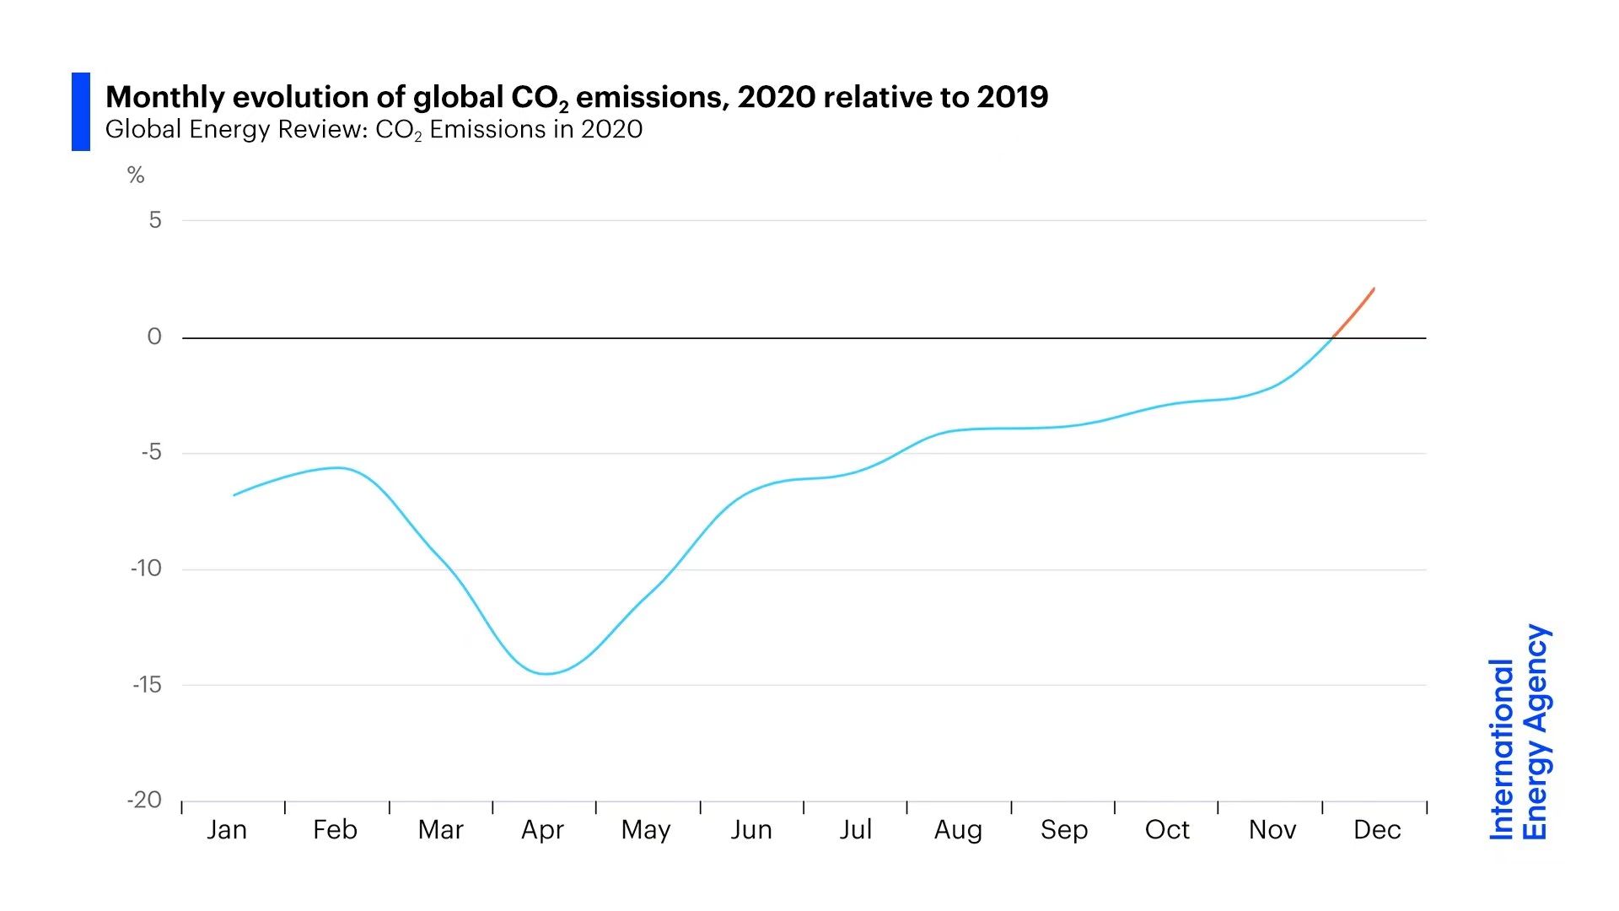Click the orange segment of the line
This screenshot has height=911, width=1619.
coord(1354,313)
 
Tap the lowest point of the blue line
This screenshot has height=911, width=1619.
coord(546,673)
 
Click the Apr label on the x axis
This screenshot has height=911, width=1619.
coord(542,830)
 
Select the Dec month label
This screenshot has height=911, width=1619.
coord(1377,830)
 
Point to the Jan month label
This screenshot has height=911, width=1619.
coord(227,830)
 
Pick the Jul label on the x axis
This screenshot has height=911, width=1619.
coord(855,830)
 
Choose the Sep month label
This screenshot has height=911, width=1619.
coord(1064,830)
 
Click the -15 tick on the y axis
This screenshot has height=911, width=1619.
coord(147,684)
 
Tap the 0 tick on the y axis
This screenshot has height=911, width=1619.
coord(154,337)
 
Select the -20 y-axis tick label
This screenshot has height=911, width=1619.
coord(144,800)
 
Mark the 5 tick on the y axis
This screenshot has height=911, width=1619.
coord(155,220)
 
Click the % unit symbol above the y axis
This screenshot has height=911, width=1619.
coord(136,175)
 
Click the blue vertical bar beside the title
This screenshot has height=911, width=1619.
coord(81,111)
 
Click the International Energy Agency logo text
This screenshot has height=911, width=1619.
coord(1519,732)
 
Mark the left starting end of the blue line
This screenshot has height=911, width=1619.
coord(234,494)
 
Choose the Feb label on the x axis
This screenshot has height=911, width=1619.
coord(335,830)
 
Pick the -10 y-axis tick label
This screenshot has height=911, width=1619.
coord(146,569)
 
